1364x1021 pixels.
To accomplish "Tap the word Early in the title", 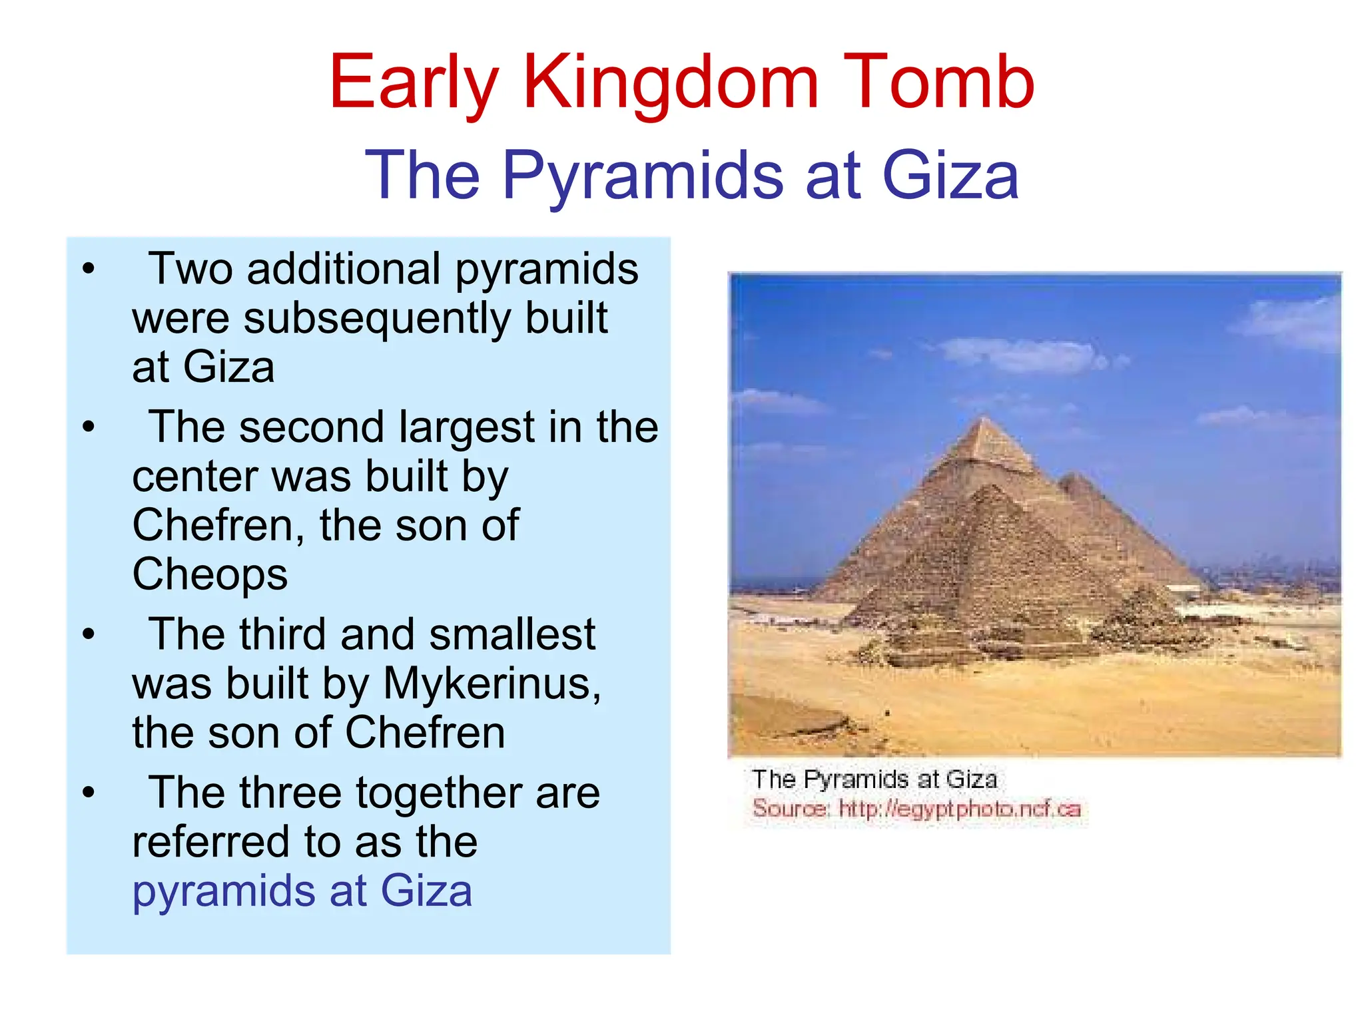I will [x=414, y=83].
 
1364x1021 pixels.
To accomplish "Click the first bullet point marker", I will [x=89, y=270].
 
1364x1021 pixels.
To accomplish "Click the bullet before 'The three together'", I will [x=89, y=793].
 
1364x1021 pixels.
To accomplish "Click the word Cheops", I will [x=210, y=574].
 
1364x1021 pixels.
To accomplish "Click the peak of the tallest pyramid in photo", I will [x=984, y=419].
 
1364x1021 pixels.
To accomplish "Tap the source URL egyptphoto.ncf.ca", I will [x=959, y=809].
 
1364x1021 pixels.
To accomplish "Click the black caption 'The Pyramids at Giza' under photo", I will [x=874, y=779].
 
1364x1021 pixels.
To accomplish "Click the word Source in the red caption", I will [x=790, y=809].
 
